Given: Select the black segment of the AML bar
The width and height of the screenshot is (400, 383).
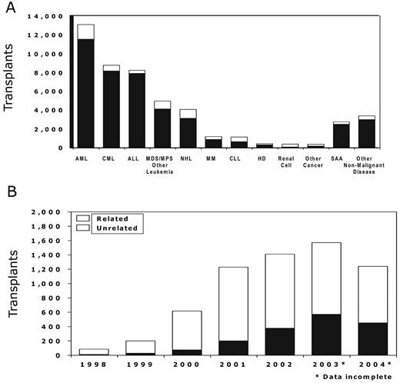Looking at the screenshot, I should [x=85, y=93].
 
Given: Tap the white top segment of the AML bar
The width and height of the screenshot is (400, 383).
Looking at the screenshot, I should [x=85, y=32].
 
